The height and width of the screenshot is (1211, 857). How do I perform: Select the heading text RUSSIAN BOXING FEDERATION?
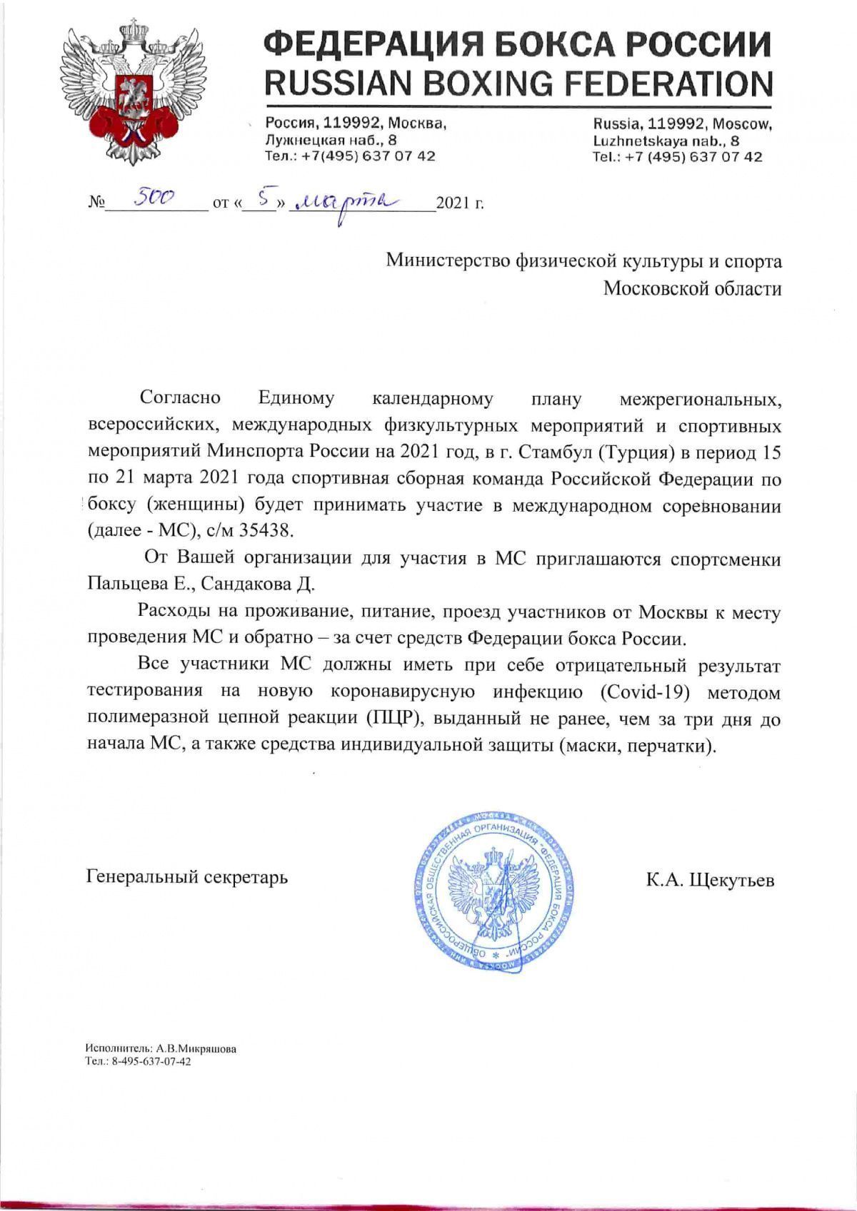point(518,83)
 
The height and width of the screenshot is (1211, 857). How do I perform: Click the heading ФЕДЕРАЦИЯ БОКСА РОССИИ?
point(518,44)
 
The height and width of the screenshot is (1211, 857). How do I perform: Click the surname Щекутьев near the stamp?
point(731,880)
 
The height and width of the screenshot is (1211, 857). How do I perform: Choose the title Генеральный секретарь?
point(187,876)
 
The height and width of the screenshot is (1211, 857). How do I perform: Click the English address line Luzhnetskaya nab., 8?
point(666,141)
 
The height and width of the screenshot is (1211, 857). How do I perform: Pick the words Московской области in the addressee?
point(692,288)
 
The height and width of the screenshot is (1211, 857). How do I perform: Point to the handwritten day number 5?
point(262,199)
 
